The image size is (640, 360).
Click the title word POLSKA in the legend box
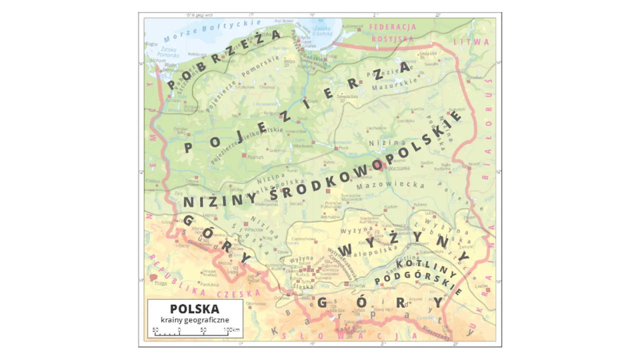tap(194, 308)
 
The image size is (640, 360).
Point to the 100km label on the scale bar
tap(231, 330)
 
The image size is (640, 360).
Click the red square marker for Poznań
tap(243, 155)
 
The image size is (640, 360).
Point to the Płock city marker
tap(335, 148)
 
